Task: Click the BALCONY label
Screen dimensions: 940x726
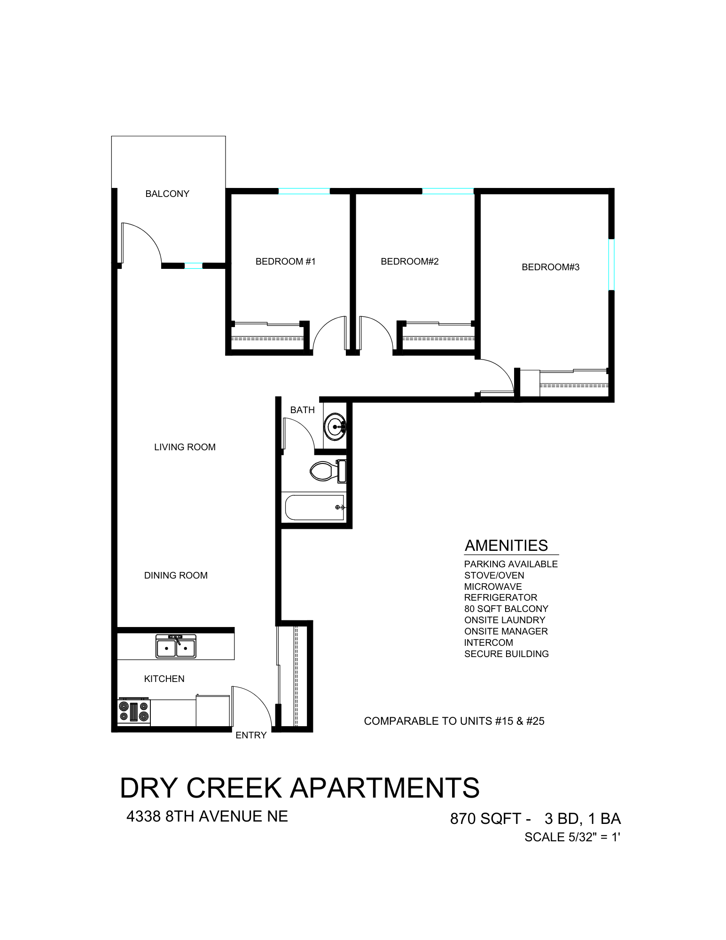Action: (x=167, y=194)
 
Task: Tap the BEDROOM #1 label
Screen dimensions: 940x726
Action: (x=285, y=261)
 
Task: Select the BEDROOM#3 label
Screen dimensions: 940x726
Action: (x=550, y=267)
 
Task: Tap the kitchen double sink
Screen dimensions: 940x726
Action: (x=176, y=646)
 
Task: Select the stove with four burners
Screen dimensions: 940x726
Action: (x=134, y=712)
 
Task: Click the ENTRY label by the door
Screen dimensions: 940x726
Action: (x=251, y=736)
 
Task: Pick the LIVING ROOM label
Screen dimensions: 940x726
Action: (x=185, y=447)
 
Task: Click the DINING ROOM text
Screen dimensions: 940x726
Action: (x=176, y=575)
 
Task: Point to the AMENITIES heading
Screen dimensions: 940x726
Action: (x=506, y=545)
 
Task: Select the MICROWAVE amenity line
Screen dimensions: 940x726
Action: (x=492, y=587)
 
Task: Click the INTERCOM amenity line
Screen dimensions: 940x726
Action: (x=488, y=642)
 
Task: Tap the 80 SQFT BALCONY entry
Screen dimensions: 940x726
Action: (x=506, y=609)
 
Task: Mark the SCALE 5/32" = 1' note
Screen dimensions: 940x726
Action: (x=572, y=837)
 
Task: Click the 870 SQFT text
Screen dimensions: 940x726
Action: (x=485, y=819)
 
